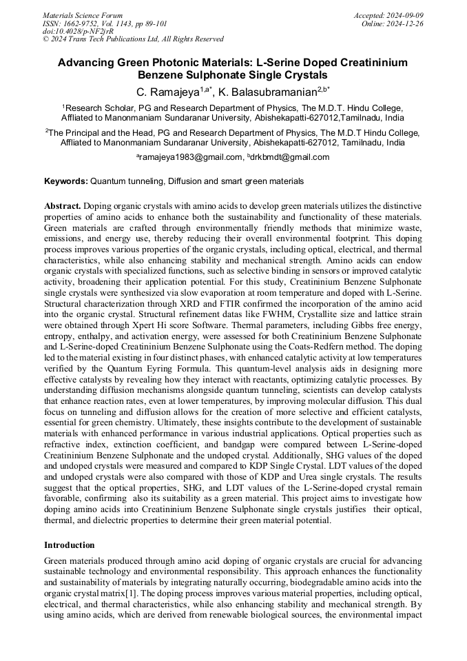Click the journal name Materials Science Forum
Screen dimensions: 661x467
83,15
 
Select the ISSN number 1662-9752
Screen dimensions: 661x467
90,23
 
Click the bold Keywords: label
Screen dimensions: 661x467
66,181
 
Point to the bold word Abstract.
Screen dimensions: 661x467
63,206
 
